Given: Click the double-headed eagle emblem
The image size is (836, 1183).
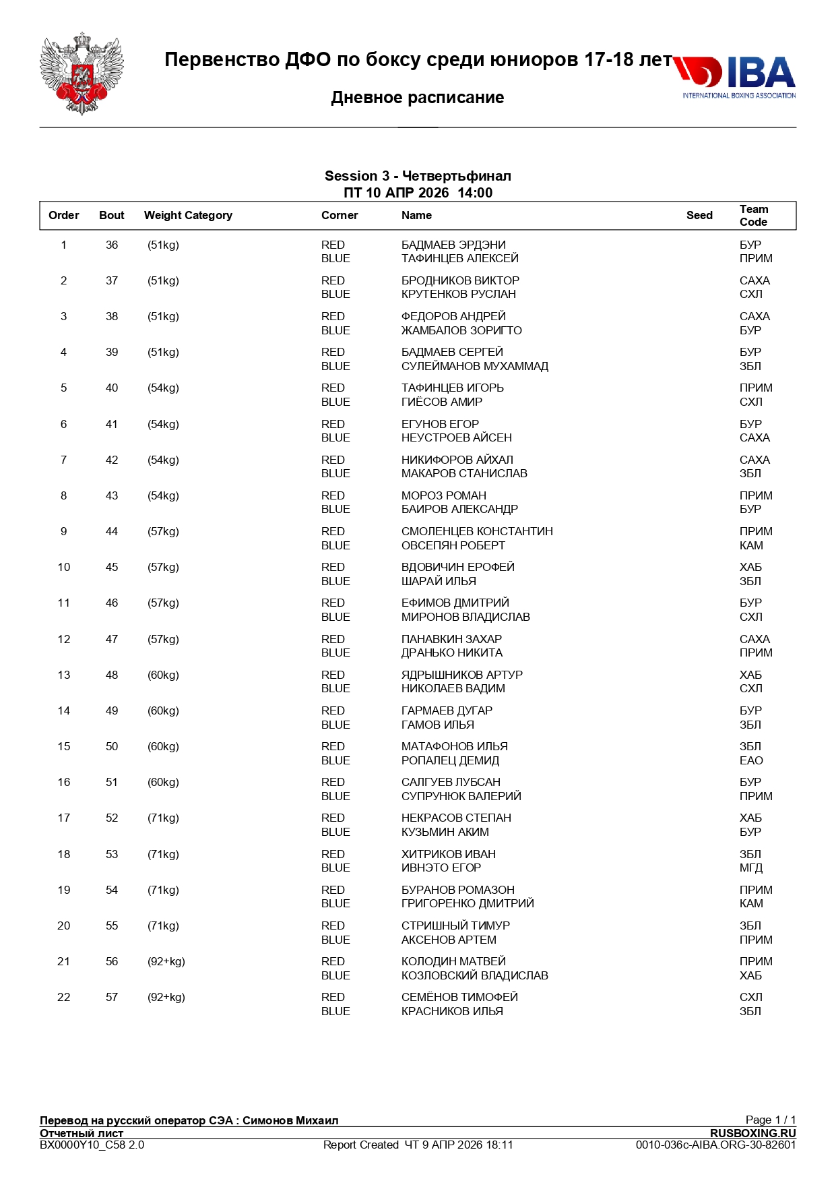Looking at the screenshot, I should click(x=82, y=73).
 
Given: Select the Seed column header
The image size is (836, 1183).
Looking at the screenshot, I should click(x=699, y=215).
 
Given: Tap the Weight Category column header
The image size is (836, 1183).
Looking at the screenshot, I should click(x=188, y=215).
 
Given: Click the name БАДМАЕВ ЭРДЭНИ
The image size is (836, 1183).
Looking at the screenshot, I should click(x=453, y=245).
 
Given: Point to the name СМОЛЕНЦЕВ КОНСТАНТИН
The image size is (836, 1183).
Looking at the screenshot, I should click(x=477, y=531).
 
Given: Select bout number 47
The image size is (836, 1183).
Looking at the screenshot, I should click(x=112, y=639).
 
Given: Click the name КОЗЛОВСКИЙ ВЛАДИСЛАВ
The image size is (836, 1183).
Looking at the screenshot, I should click(x=474, y=975).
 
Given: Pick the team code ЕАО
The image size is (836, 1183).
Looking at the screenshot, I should click(x=751, y=760).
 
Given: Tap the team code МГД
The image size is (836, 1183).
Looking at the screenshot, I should click(x=751, y=868).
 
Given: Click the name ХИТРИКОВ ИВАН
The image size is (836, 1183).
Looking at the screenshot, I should click(x=448, y=854).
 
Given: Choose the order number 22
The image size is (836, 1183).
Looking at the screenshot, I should click(x=64, y=997).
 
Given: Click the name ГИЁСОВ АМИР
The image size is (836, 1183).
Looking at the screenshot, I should click(x=442, y=402).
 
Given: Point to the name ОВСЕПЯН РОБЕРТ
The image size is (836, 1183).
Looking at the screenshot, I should click(x=453, y=545).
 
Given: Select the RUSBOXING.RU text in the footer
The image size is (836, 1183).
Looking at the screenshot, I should click(x=752, y=1133).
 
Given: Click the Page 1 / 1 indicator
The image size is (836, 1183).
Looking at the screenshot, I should click(x=770, y=1120).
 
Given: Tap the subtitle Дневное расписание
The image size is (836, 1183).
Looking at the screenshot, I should click(x=418, y=98).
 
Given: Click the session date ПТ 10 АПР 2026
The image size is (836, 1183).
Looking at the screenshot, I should click(x=396, y=193).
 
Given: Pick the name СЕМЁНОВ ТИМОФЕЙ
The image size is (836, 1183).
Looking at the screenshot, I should click(x=459, y=997).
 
